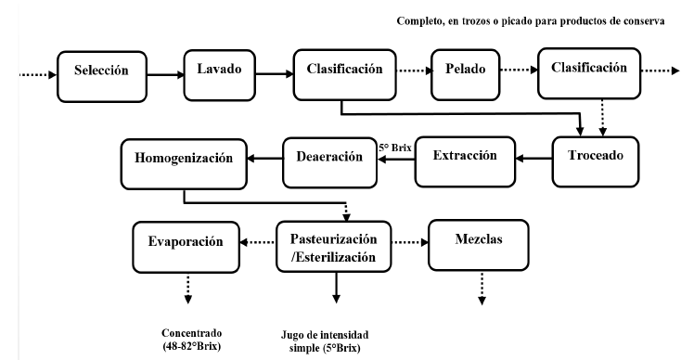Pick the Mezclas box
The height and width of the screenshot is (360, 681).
[x=477, y=243]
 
